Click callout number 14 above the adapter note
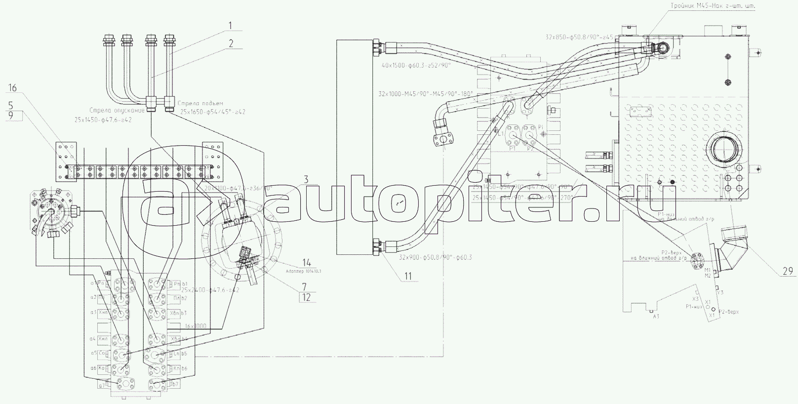(307, 262)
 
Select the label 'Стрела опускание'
(117, 110)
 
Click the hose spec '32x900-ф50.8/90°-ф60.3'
(436, 257)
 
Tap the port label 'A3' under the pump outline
(656, 316)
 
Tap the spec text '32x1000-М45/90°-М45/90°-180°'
(426, 93)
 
